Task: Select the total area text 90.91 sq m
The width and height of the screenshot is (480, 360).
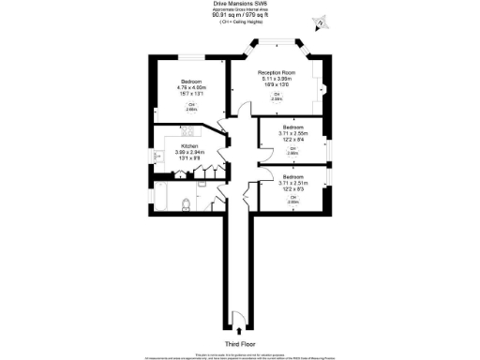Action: pos(223,15)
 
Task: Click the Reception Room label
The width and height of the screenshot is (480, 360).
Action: pos(279,72)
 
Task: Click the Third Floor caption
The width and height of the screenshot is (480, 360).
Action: pos(240,343)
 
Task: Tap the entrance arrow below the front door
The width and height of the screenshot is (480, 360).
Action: pos(240,331)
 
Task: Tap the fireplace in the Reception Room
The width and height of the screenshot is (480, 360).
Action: pos(322,89)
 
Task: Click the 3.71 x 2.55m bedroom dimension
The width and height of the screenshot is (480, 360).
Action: pos(292,133)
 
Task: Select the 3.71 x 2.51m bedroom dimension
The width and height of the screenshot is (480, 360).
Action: pos(292,182)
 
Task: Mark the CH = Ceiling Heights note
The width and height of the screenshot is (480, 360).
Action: pos(240,22)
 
